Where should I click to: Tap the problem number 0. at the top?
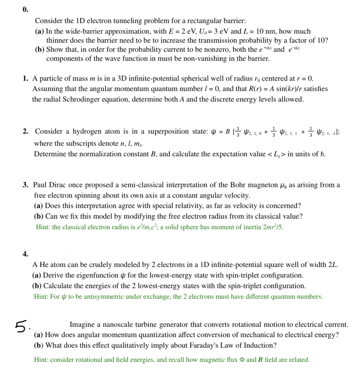25,9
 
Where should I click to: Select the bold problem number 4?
25,254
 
